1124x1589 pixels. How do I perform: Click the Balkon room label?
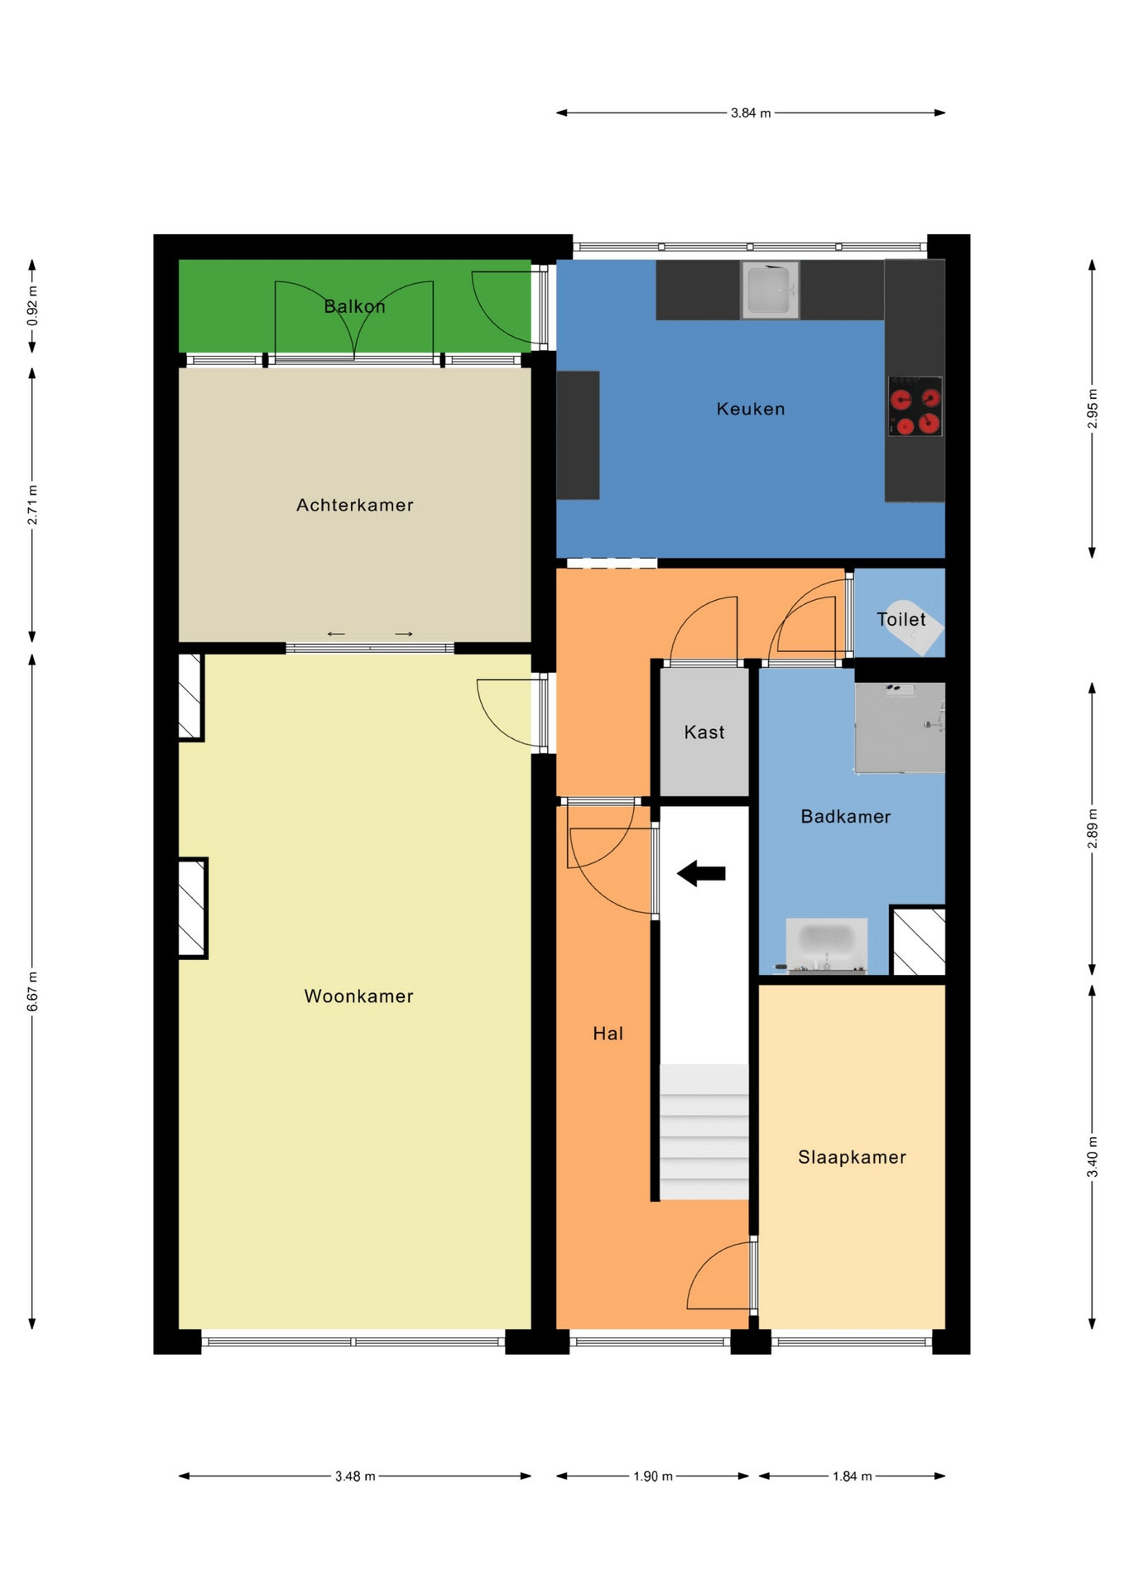pos(354,306)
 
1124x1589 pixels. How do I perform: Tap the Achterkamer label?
pos(355,505)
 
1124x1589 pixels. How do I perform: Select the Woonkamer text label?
pos(358,996)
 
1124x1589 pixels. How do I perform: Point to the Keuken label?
pos(751,409)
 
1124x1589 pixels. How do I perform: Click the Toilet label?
pos(901,619)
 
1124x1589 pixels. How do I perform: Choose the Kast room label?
pos(704,732)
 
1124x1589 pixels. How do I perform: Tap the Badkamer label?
pos(846,817)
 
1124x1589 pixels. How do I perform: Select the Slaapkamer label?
pos(852,1157)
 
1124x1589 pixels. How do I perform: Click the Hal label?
pos(608,1033)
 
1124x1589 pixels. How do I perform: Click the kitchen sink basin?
pos(770,290)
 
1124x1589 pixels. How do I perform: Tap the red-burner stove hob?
pos(915,406)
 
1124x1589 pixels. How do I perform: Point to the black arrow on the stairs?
pos(701,873)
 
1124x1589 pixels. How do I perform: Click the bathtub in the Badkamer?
pos(826,945)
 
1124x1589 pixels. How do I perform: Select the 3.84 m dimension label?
pos(751,113)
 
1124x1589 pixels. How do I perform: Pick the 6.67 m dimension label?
pos(33,991)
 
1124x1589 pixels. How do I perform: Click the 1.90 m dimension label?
pos(653,1476)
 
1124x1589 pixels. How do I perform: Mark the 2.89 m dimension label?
pos(1093,828)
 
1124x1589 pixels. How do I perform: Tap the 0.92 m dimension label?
pos(33,305)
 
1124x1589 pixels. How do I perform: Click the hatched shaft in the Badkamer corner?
pos(918,941)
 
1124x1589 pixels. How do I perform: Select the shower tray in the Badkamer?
pos(900,727)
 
